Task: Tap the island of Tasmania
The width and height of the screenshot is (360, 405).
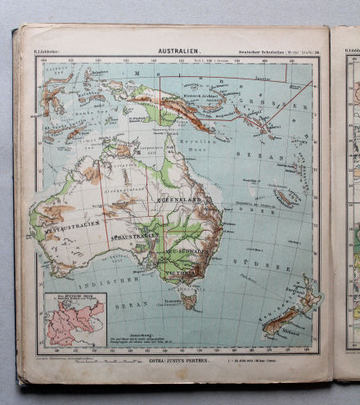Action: click(189, 300)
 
